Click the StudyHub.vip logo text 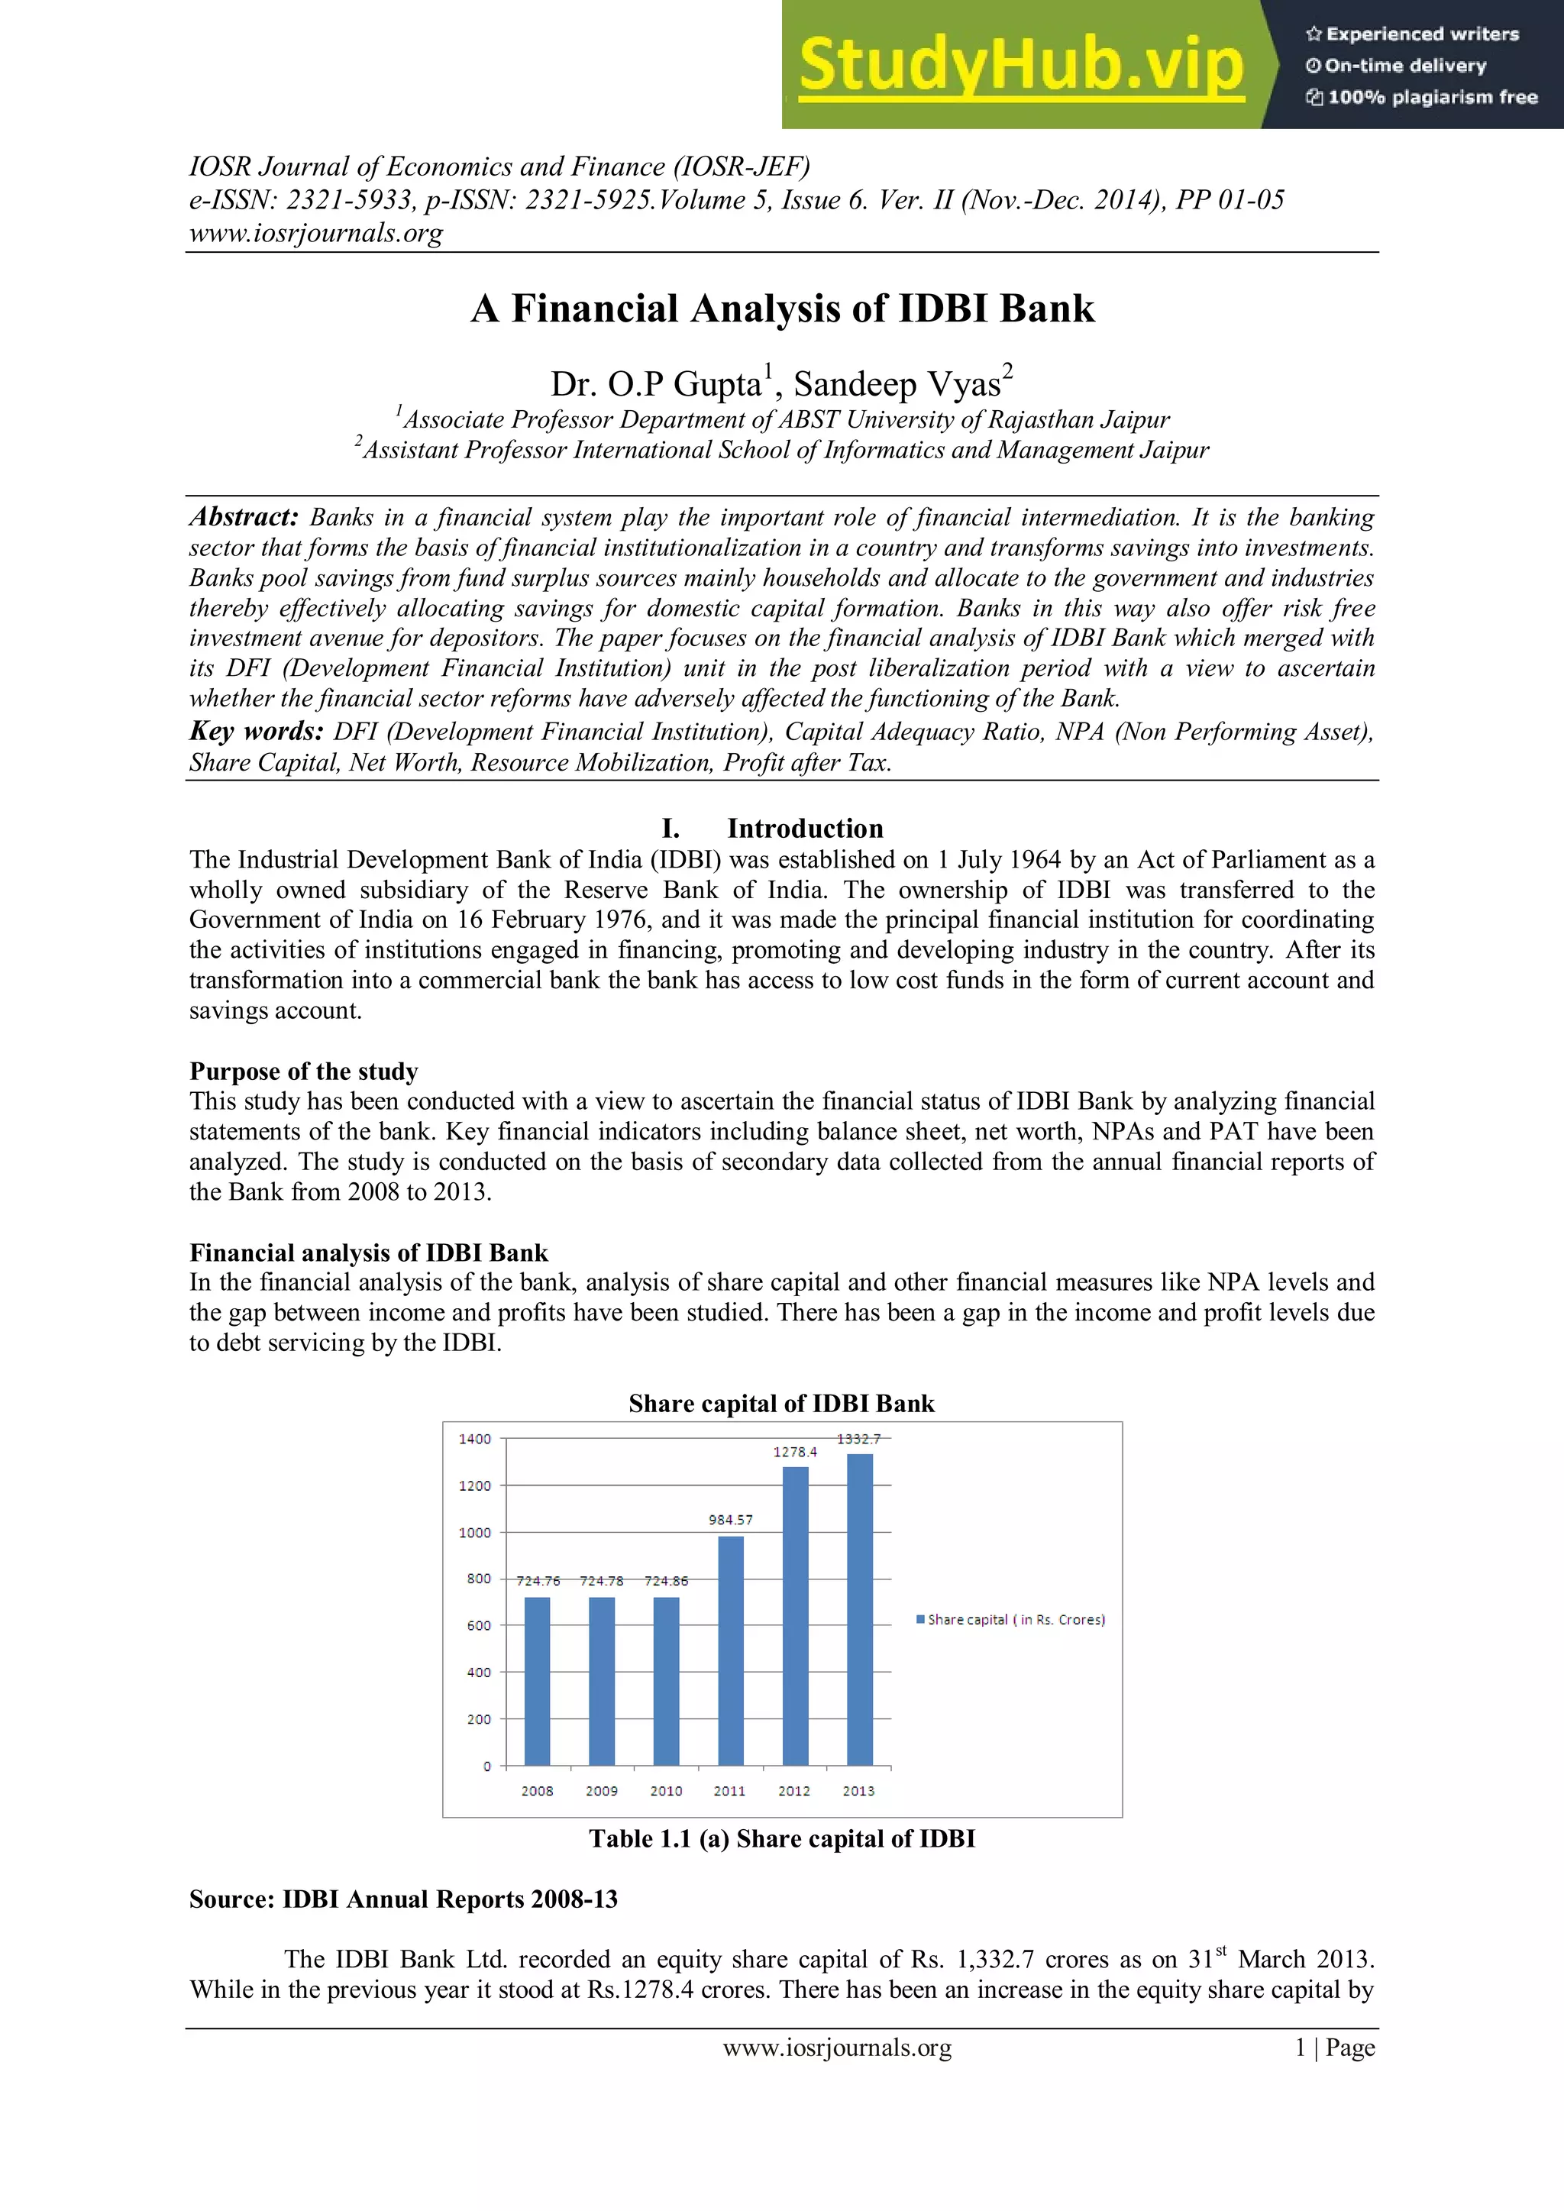(x=1021, y=64)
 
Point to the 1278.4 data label (x=794, y=1451)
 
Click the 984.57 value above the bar (x=730, y=1520)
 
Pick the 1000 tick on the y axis (x=475, y=1532)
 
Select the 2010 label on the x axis (x=665, y=1790)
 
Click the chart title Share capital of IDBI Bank (x=781, y=1403)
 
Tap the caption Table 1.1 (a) (x=781, y=1838)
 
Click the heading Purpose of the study (x=303, y=1071)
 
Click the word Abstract (x=244, y=517)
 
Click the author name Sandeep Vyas (x=897, y=383)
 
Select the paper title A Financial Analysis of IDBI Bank (x=782, y=308)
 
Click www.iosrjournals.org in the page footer (x=837, y=2048)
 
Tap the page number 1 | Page (x=1334, y=2048)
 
